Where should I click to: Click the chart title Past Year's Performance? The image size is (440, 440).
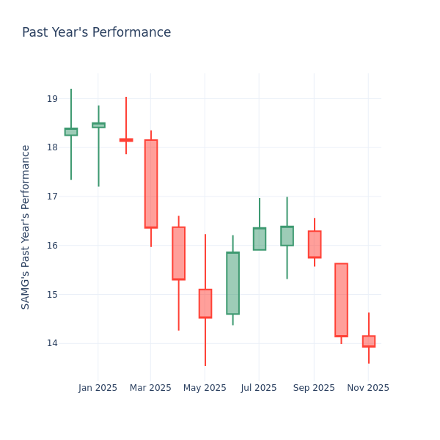(96, 33)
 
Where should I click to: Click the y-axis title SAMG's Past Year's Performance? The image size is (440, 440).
(26, 227)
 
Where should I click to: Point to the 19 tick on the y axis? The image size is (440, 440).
(52, 99)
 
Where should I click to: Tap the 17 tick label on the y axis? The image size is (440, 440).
(52, 197)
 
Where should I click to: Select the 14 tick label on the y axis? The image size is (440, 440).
(52, 343)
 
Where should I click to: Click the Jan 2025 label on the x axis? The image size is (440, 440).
(98, 388)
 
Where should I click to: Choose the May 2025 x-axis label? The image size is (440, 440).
(205, 388)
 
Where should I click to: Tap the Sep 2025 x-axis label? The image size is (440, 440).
(314, 388)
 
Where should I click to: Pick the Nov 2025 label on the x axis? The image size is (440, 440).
(368, 388)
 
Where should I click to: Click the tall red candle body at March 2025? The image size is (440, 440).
(151, 183)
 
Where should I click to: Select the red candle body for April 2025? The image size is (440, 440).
(178, 253)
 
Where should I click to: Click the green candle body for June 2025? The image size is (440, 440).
(232, 283)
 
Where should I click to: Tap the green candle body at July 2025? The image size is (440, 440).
(260, 239)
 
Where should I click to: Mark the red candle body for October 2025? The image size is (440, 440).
(341, 300)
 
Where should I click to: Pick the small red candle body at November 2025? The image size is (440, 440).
(369, 341)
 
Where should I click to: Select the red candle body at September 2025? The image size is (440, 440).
(314, 244)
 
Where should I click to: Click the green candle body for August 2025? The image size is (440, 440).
(287, 236)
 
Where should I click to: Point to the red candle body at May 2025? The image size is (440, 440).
(205, 304)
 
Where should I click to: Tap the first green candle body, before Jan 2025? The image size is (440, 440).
(71, 132)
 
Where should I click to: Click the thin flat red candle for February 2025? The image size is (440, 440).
(126, 139)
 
